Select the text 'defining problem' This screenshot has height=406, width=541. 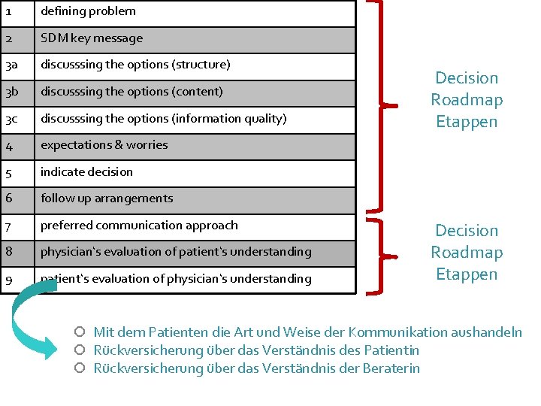88,11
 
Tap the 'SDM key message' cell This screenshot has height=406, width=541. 92,38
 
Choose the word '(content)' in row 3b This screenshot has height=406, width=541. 198,92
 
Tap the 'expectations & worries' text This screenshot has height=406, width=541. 104,145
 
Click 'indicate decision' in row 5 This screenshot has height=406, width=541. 86,172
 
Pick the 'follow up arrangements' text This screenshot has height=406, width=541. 107,198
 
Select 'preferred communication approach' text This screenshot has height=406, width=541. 139,226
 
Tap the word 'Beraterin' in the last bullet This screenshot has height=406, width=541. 391,368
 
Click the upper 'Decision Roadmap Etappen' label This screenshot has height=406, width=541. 466,100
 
